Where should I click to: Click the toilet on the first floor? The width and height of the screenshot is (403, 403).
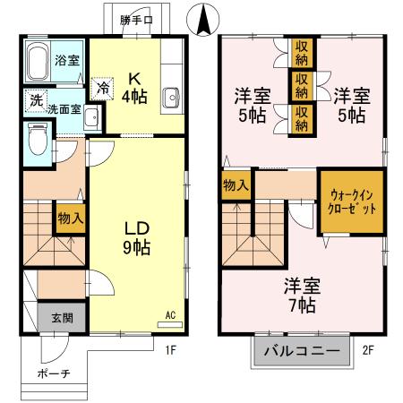click(37, 141)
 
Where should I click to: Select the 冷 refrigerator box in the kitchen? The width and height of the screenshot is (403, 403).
click(103, 88)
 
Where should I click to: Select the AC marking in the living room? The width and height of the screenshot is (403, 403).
click(169, 315)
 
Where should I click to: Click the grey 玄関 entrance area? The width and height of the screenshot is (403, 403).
click(56, 317)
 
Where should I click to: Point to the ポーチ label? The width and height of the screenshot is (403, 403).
click(54, 373)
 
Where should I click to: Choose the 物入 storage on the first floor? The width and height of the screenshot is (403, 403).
click(71, 218)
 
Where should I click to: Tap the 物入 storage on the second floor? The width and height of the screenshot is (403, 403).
click(237, 186)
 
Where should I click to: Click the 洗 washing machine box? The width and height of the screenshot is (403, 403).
click(36, 99)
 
